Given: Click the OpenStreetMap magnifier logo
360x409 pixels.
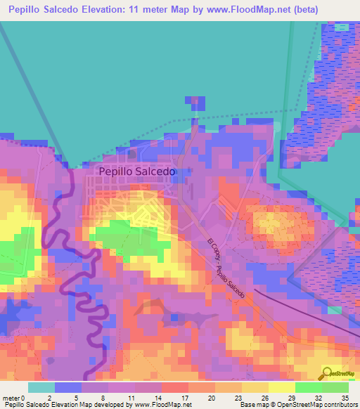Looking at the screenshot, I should [327, 373].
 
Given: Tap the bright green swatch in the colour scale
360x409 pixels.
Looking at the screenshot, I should [308, 387].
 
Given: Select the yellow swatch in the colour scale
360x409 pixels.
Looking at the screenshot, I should [281, 387].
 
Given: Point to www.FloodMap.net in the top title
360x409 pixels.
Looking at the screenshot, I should [245, 10].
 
